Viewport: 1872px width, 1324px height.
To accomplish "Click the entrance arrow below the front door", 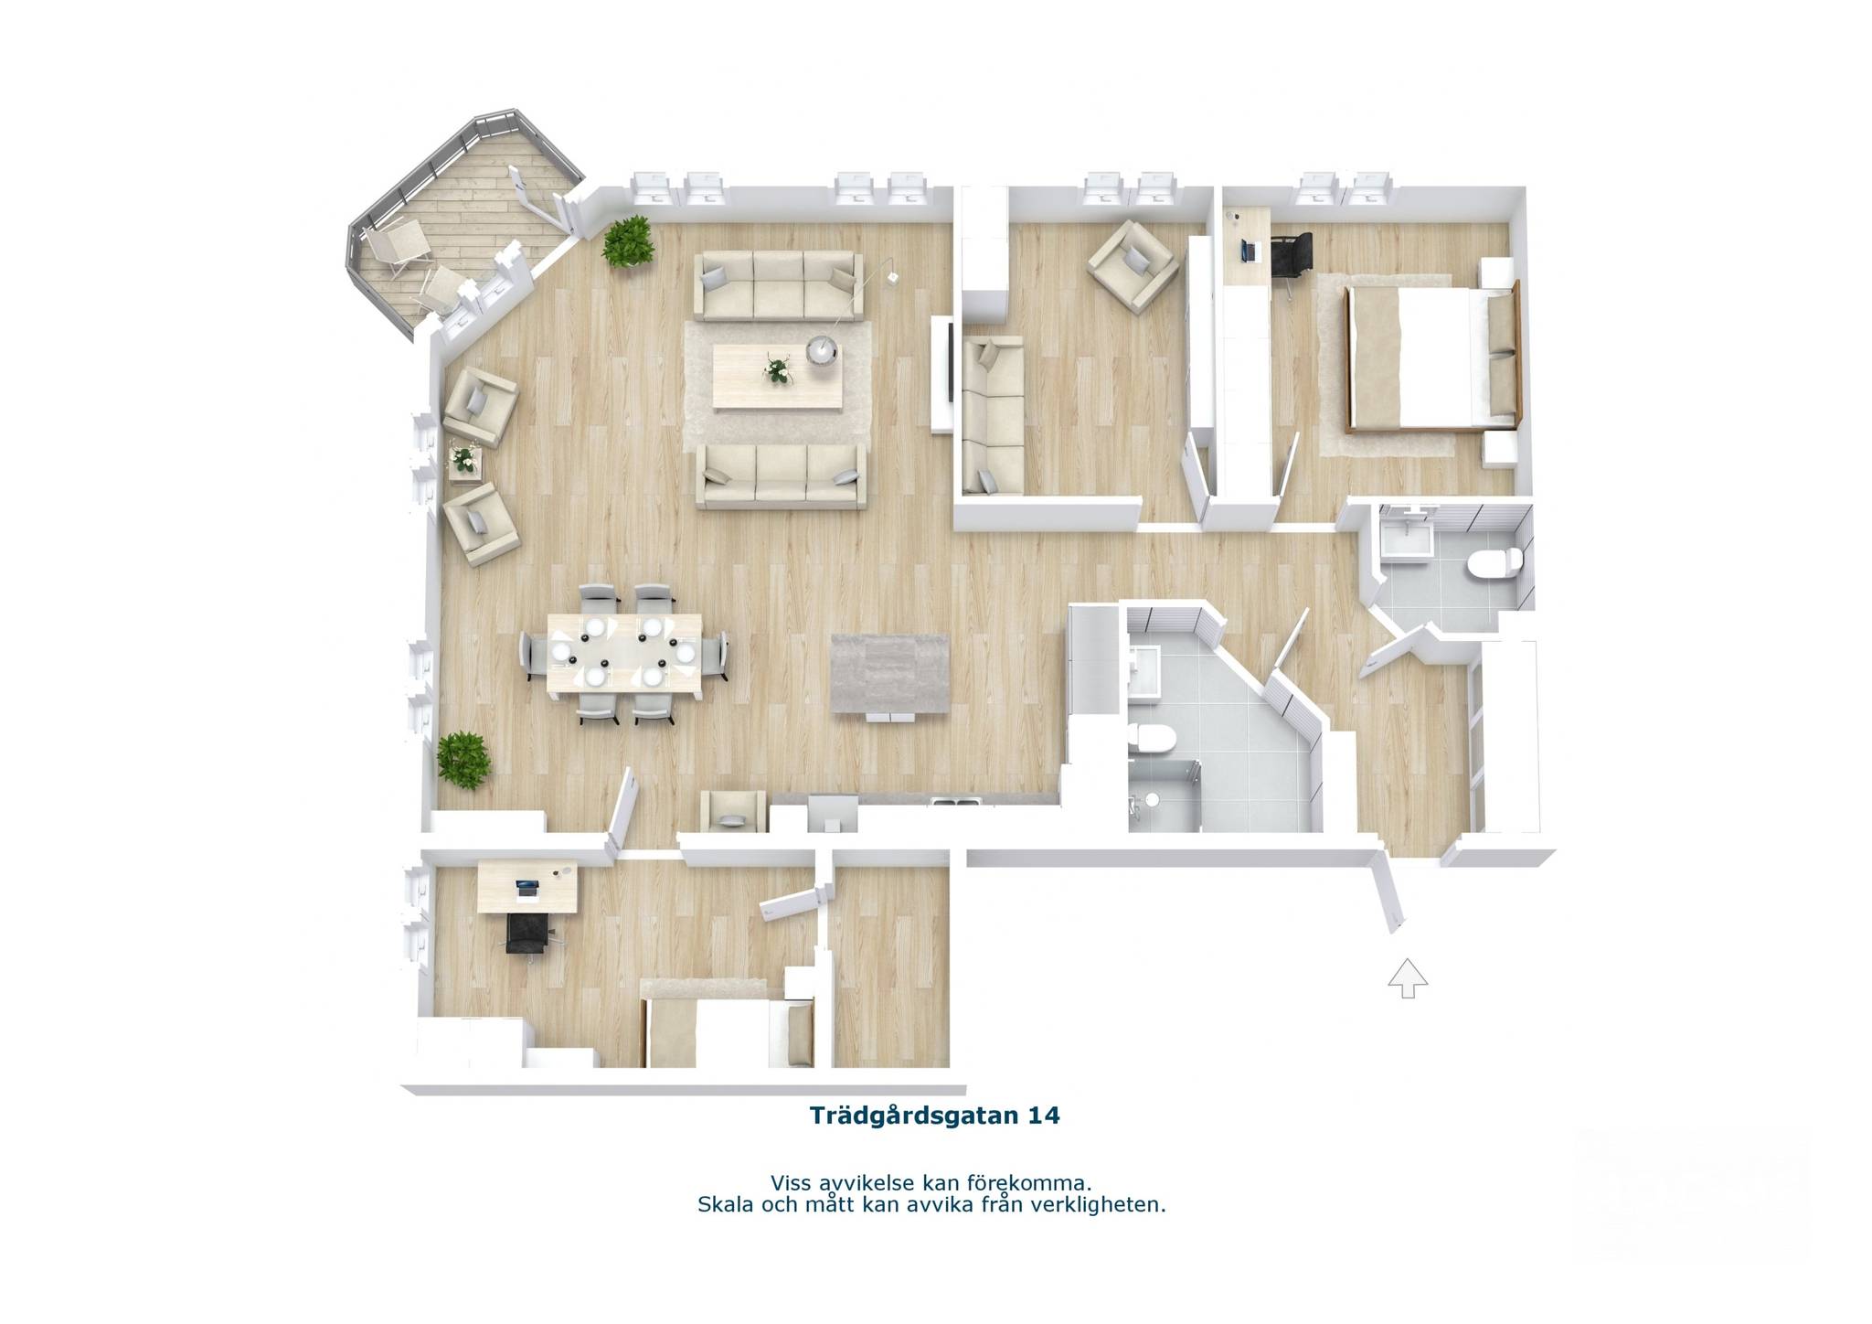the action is click(x=1408, y=977).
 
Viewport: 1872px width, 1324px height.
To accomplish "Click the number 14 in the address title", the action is click(x=1043, y=1116).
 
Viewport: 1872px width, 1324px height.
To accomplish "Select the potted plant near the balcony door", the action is click(x=627, y=241).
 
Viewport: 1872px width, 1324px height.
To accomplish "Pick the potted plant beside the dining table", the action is click(x=463, y=760).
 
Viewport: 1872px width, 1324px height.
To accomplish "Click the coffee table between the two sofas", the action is click(x=777, y=377).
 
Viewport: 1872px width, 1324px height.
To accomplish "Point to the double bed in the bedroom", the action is click(x=1430, y=357).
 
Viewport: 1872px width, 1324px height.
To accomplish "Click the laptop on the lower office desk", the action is click(x=528, y=888).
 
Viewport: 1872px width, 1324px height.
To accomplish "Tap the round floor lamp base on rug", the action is click(x=822, y=351).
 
